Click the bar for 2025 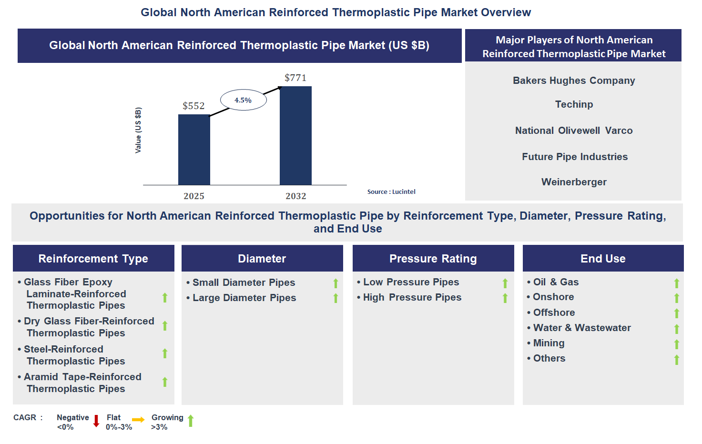tap(194, 150)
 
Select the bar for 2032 tap(295, 136)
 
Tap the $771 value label tap(295, 78)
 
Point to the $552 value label tap(193, 106)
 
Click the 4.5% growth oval tap(243, 100)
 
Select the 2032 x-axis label tap(295, 196)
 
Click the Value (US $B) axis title tap(138, 130)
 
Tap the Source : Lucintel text tap(391, 192)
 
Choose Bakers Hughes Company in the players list tap(574, 81)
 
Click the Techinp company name tap(574, 104)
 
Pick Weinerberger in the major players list tap(574, 182)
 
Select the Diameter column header tap(262, 259)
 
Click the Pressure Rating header tap(433, 259)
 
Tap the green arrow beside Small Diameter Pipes tap(336, 283)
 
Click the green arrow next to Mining tap(676, 344)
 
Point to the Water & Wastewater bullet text tap(581, 328)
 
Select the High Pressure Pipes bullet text tap(412, 297)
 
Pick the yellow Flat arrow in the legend tap(138, 420)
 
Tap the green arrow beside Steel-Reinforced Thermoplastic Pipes tap(165, 353)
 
